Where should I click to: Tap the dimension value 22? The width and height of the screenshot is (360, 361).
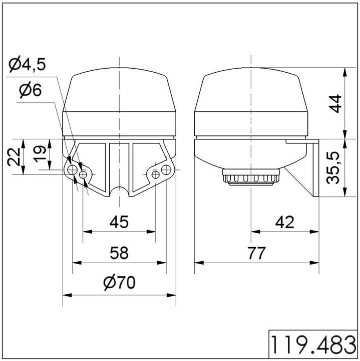15,157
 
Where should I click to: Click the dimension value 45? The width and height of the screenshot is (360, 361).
119,221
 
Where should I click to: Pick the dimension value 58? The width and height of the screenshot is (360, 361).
119,252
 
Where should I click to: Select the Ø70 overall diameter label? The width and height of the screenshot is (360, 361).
119,283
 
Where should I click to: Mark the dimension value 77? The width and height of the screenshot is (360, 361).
257,252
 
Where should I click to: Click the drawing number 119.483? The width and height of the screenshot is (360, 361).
313,345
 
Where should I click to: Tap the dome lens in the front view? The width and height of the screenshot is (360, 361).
119,103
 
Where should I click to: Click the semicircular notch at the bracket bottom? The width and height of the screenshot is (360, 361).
119,192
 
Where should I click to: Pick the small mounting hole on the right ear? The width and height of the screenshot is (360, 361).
156,174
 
